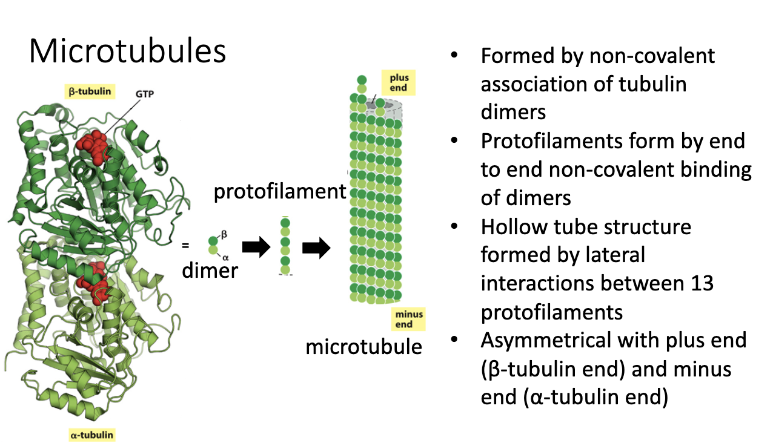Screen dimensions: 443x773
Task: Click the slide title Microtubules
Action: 127,52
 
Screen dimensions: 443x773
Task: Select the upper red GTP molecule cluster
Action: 92,147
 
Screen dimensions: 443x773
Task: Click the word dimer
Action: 210,270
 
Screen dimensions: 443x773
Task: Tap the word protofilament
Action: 279,192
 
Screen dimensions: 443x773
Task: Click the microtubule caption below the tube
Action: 363,347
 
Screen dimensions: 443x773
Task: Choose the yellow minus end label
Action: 409,320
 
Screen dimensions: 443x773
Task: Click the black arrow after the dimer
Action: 255,248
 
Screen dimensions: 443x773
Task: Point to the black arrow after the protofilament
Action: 315,248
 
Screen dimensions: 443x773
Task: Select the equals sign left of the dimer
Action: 185,245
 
